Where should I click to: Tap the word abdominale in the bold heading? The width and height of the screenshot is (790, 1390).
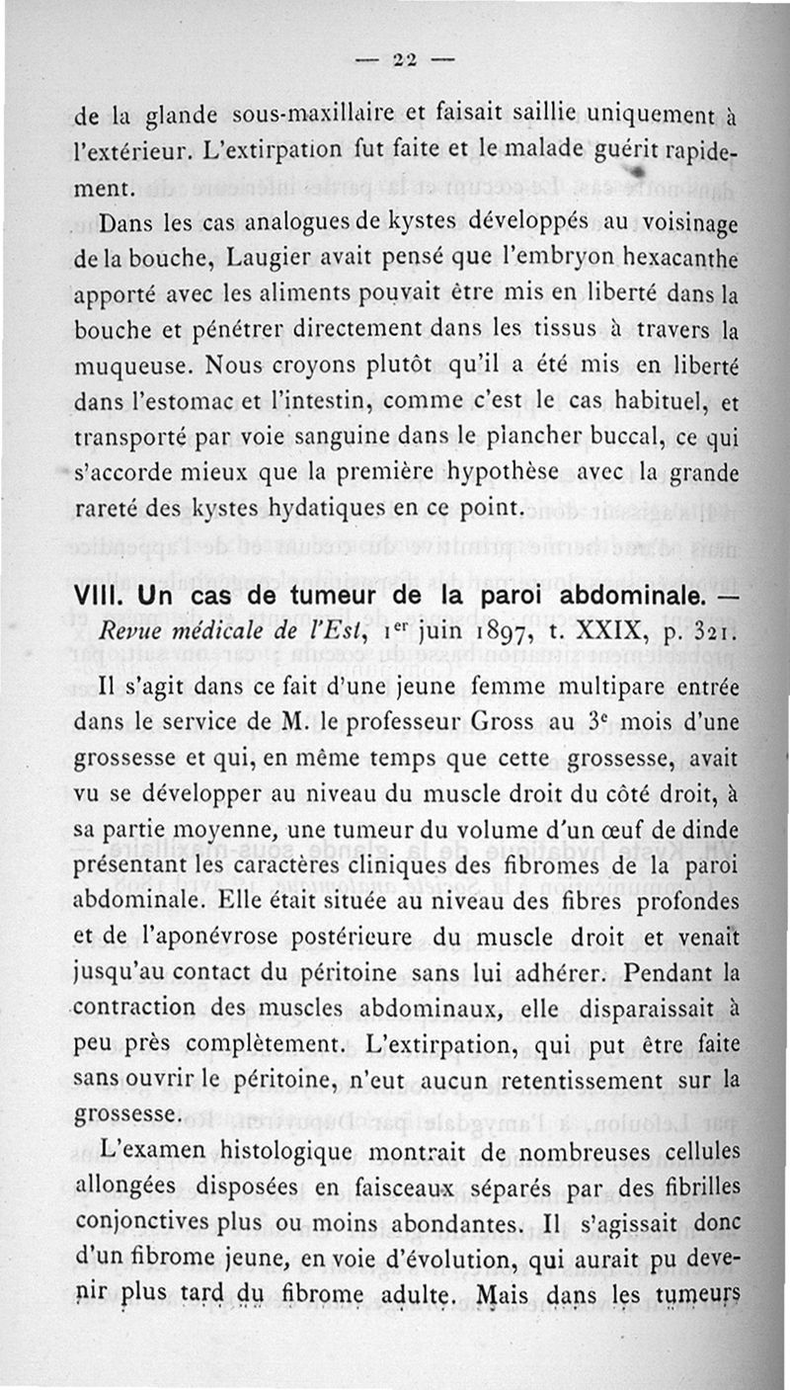(620, 600)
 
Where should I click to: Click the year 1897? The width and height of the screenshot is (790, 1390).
(513, 632)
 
